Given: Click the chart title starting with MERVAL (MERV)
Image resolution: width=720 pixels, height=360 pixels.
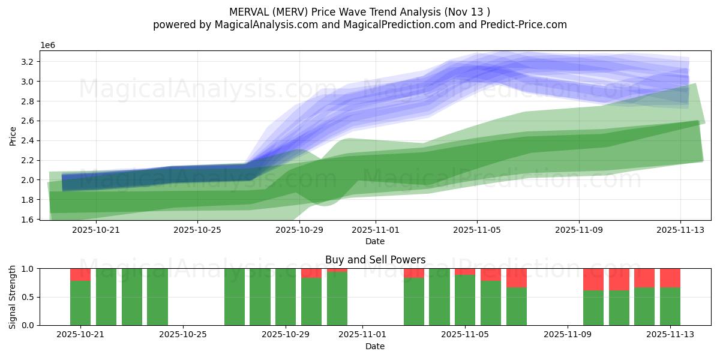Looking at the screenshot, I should tap(359, 12).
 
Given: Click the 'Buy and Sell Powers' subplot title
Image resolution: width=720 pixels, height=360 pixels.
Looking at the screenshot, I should tap(375, 260).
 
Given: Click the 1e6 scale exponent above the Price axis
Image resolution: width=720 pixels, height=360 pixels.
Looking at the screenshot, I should tap(49, 46).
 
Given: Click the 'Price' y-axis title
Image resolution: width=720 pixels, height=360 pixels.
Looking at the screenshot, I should tap(13, 136).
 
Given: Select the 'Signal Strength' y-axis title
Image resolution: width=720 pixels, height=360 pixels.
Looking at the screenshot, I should tap(13, 297).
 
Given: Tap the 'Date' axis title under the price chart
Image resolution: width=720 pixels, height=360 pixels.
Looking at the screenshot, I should tap(375, 241).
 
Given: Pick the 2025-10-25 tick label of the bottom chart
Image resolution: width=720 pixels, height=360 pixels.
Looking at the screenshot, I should tap(183, 335).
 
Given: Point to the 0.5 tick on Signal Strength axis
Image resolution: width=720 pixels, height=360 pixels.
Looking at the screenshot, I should tap(29, 297).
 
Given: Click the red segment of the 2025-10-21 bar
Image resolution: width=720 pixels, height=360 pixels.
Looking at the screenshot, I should tap(80, 275).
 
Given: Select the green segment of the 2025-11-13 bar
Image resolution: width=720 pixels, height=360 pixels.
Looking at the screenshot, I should tap(670, 306).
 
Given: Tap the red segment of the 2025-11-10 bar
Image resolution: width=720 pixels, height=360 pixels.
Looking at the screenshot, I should tap(593, 280).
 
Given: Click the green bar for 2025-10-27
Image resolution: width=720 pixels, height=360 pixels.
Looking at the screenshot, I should tap(235, 297).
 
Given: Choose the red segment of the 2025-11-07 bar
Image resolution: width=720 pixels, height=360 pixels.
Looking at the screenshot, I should tap(517, 278).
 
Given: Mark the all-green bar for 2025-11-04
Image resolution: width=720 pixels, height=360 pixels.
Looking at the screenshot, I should tap(439, 297).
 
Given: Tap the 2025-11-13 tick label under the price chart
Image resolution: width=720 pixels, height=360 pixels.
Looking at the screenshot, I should tap(680, 229).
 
